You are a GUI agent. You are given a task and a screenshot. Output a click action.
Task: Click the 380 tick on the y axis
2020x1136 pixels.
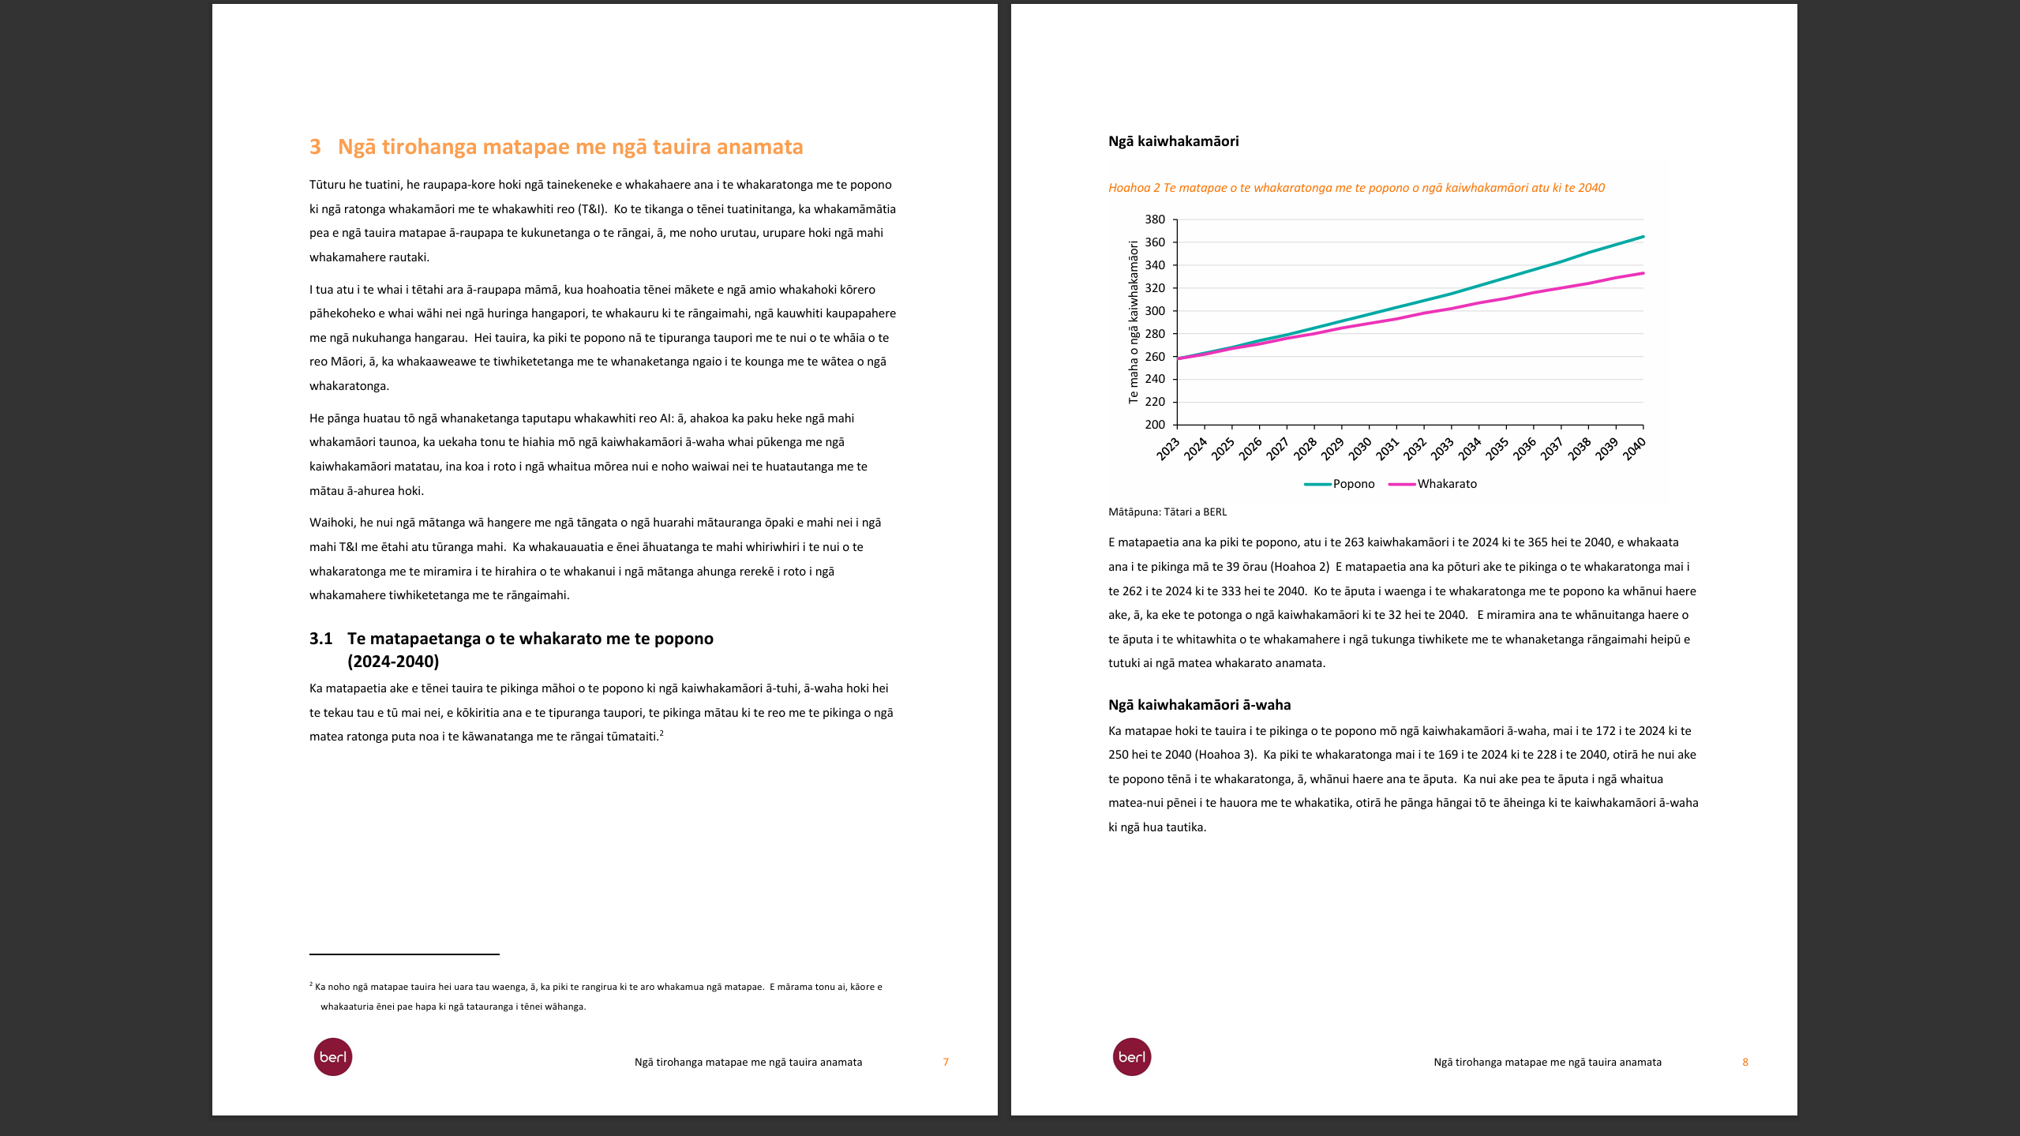pyautogui.click(x=1154, y=219)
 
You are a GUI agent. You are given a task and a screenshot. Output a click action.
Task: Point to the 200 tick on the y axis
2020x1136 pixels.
pyautogui.click(x=1154, y=425)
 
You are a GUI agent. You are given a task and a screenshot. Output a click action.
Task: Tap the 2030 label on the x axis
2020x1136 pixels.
pyautogui.click(x=1360, y=449)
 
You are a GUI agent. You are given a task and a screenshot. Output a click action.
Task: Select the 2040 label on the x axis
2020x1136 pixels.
pyautogui.click(x=1634, y=449)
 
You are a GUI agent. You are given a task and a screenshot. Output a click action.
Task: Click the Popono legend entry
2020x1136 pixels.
pyautogui.click(x=1353, y=484)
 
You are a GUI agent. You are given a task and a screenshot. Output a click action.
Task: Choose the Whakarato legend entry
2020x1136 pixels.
pyautogui.click(x=1446, y=484)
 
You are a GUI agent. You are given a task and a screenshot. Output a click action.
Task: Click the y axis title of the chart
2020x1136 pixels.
pyautogui.click(x=1134, y=322)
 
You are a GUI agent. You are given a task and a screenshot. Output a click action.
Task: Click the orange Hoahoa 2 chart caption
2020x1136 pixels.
pyautogui.click(x=1355, y=188)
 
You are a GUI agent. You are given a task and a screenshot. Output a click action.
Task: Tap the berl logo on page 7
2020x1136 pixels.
pyautogui.click(x=333, y=1057)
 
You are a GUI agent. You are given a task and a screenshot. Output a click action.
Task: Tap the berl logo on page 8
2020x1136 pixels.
pyautogui.click(x=1132, y=1057)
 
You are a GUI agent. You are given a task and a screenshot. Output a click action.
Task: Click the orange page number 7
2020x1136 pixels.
pyautogui.click(x=946, y=1063)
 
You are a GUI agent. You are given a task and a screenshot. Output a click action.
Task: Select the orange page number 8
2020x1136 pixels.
pyautogui.click(x=1745, y=1063)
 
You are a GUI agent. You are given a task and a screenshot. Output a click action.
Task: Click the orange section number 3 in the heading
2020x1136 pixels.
pyautogui.click(x=315, y=147)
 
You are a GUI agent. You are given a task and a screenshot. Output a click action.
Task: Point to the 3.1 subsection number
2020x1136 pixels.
pyautogui.click(x=320, y=639)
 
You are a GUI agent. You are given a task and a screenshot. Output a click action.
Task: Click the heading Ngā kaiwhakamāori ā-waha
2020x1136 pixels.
pyautogui.click(x=1199, y=705)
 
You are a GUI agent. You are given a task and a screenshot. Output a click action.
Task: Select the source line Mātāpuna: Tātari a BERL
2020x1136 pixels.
pyautogui.click(x=1167, y=512)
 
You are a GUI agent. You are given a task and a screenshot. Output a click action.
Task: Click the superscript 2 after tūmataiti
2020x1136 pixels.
pyautogui.click(x=661, y=733)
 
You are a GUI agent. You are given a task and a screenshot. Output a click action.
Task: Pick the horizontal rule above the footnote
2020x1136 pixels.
pyautogui.click(x=404, y=954)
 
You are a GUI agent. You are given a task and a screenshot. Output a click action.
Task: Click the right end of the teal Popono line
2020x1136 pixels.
pyautogui.click(x=1643, y=237)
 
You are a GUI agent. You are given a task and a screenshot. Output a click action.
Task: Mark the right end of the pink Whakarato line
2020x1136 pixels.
pyautogui.click(x=1643, y=273)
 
